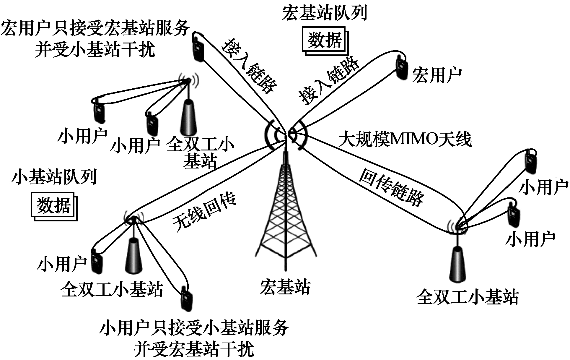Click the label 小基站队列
pyautogui.click(x=54, y=177)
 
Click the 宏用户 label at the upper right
pyautogui.click(x=437, y=74)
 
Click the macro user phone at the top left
pyautogui.click(x=198, y=47)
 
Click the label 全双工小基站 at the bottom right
pyautogui.click(x=468, y=297)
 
